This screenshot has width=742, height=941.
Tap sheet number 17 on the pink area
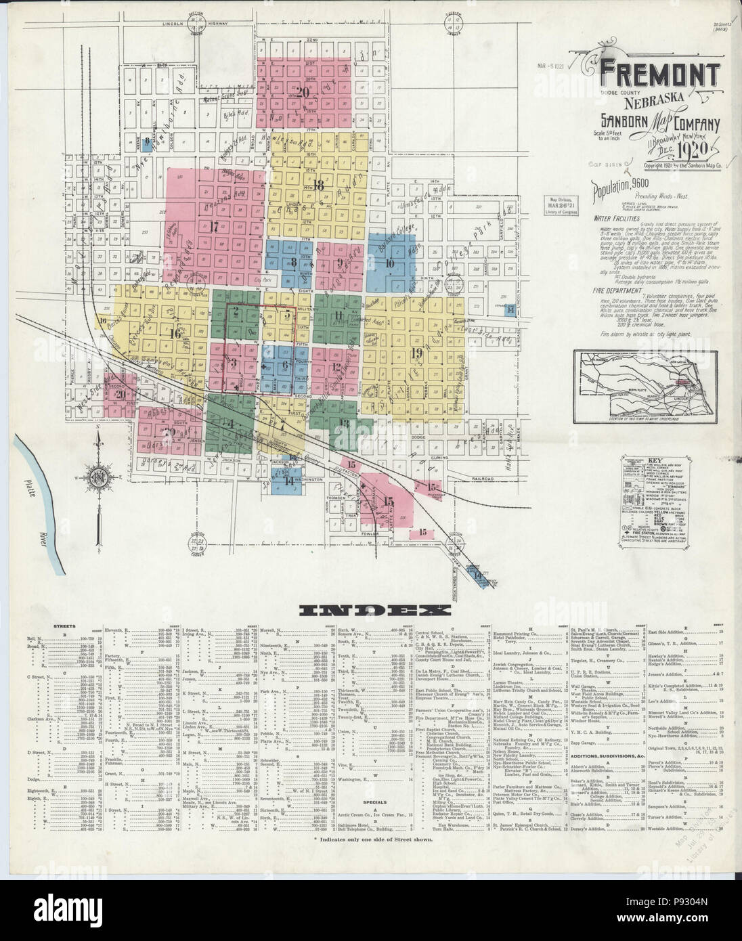[215, 226]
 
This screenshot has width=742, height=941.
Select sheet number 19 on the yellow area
[416, 352]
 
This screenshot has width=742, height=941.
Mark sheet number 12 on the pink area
[336, 367]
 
